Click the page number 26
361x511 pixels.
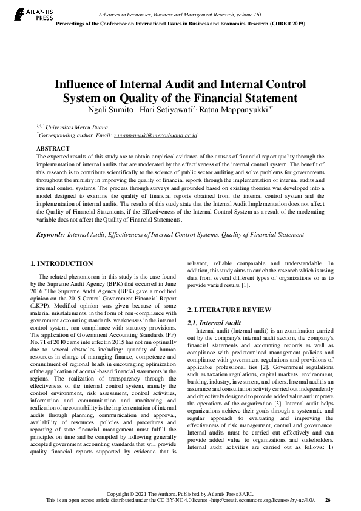click(328, 500)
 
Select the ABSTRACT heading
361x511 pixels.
click(53, 148)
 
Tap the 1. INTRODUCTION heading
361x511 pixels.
click(62, 263)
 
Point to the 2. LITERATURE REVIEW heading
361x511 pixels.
click(229, 310)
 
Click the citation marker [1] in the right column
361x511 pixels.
click(245, 285)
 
